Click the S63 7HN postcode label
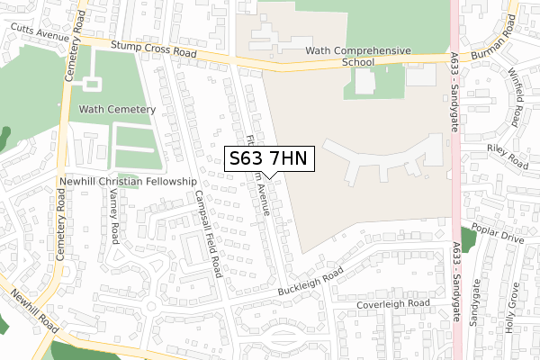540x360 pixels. coord(269,159)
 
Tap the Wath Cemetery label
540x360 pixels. coord(117,109)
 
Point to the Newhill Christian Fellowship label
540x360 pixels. coord(128,181)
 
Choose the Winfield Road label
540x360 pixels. coord(516,96)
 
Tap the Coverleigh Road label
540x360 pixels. coord(392,304)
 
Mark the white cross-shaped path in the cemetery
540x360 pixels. coord(92,85)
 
